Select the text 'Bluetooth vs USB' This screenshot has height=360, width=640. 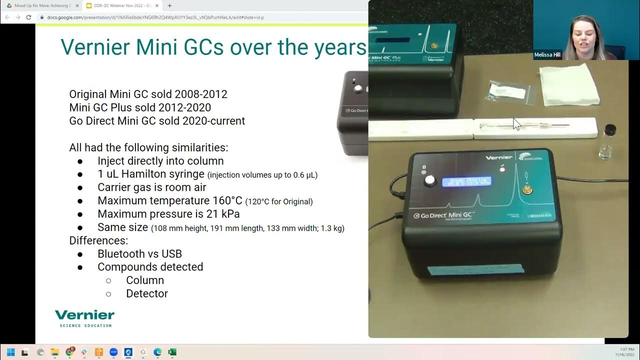click(x=139, y=253)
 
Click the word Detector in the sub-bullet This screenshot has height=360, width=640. click(x=146, y=293)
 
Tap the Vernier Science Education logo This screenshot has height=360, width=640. click(x=84, y=318)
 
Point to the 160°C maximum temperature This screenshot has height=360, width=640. click(x=219, y=201)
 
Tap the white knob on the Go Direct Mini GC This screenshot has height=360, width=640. click(x=429, y=181)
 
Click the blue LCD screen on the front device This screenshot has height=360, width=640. click(x=466, y=181)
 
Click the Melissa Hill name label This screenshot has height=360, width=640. click(x=547, y=55)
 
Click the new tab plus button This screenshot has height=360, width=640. click(x=169, y=5)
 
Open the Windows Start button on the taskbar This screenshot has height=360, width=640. click(x=10, y=352)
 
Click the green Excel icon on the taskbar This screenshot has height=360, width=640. click(x=172, y=352)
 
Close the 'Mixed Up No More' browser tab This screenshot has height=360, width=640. click(x=77, y=5)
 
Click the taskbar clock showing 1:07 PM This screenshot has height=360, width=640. click(x=622, y=349)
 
